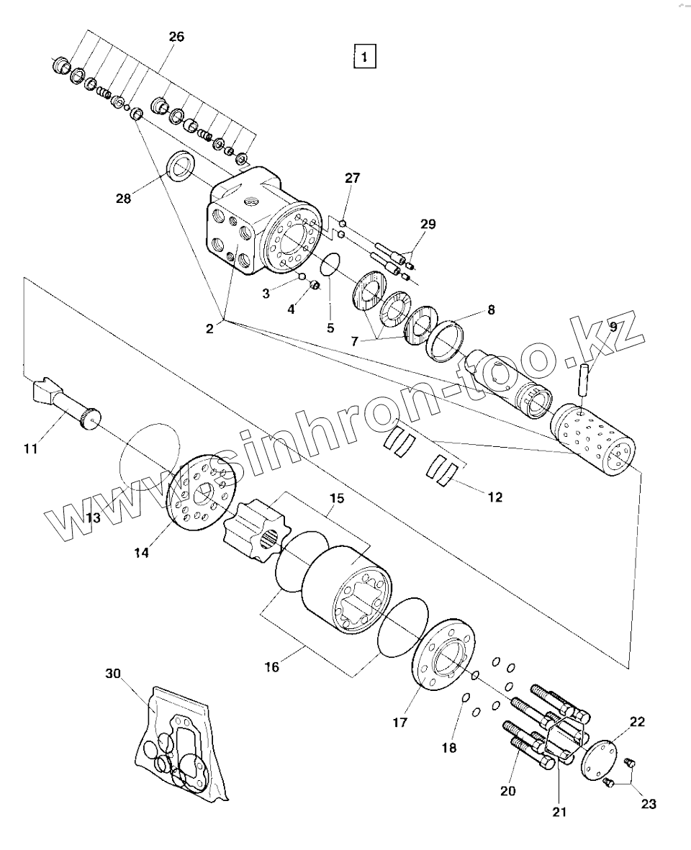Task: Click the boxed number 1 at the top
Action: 365,56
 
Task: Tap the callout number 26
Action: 176,37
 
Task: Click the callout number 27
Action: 352,178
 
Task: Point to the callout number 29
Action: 428,225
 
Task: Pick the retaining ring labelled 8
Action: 448,339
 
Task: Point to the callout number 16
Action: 271,667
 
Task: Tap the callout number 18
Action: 448,748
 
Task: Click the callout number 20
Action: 507,790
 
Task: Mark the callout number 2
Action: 209,329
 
